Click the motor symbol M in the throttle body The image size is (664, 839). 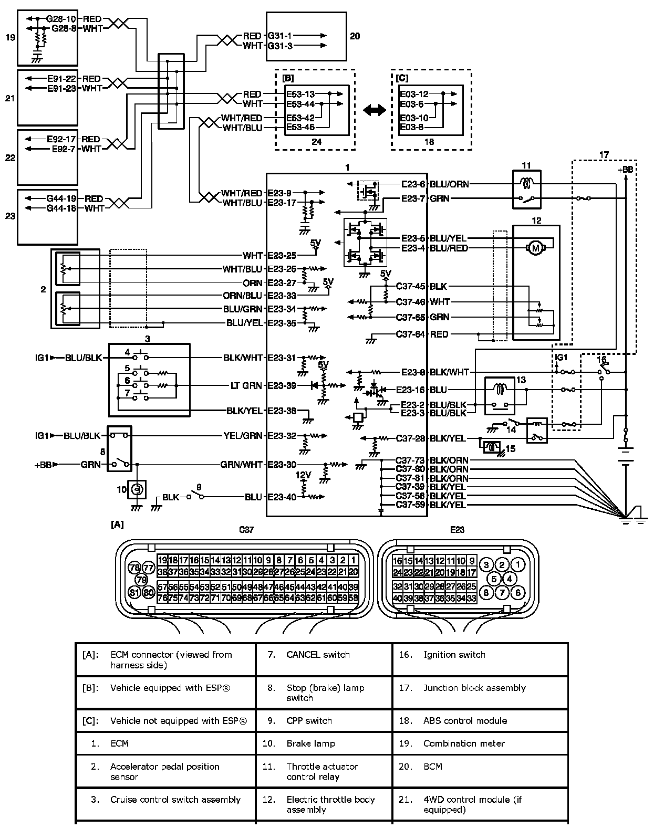[x=535, y=248]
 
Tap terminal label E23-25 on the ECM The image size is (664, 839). [x=282, y=256]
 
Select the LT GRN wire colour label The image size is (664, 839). [x=246, y=385]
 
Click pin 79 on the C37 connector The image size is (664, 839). [x=142, y=580]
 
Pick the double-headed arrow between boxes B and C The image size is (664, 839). [x=375, y=110]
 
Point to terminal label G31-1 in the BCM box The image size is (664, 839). [x=279, y=36]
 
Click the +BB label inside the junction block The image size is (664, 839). [x=625, y=170]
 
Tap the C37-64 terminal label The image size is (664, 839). [x=410, y=334]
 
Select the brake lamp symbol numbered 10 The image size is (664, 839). [x=137, y=489]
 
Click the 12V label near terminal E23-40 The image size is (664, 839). [x=303, y=475]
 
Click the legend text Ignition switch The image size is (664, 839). [x=454, y=655]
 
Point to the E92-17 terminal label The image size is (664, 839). [x=61, y=139]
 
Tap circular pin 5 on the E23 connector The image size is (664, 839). [x=494, y=579]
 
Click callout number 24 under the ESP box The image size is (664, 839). [x=316, y=142]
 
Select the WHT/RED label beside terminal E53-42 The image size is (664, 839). [x=242, y=118]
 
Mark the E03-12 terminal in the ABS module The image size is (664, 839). [x=414, y=94]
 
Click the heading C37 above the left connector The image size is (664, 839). [x=246, y=529]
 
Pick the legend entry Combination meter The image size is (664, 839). [x=464, y=743]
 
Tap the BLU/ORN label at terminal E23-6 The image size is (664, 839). [x=449, y=184]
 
